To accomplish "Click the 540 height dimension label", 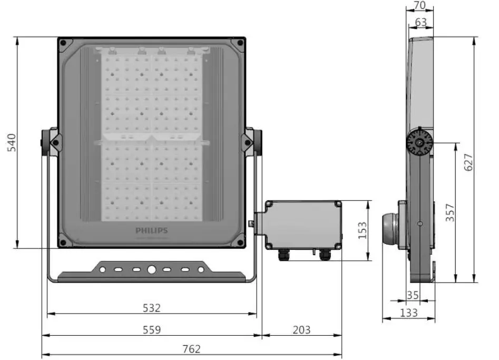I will tap(12, 143).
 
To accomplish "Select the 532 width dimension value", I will tap(152, 307).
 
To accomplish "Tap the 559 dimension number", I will tap(152, 329).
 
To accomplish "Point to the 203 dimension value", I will tap(301, 329).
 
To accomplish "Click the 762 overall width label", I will tap(192, 349).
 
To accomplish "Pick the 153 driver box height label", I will tap(363, 230).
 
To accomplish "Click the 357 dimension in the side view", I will tap(449, 212).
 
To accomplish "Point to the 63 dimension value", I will tap(420, 22).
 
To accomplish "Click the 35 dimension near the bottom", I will tap(413, 295).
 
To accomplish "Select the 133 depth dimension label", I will tap(408, 313).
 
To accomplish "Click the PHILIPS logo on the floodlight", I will tap(151, 230).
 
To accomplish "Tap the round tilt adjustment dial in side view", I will tap(419, 142).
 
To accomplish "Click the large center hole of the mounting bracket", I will tap(152, 269).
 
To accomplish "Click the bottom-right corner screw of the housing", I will tap(240, 242).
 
